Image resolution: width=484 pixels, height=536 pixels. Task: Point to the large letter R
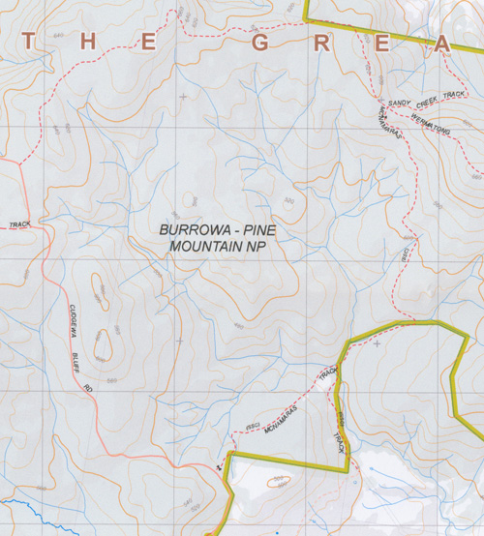tap(321, 45)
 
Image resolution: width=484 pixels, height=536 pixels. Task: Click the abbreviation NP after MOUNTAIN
tap(256, 247)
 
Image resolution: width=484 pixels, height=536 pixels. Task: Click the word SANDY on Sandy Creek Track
tap(400, 101)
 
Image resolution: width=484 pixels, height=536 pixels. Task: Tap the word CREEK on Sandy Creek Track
tap(427, 98)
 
